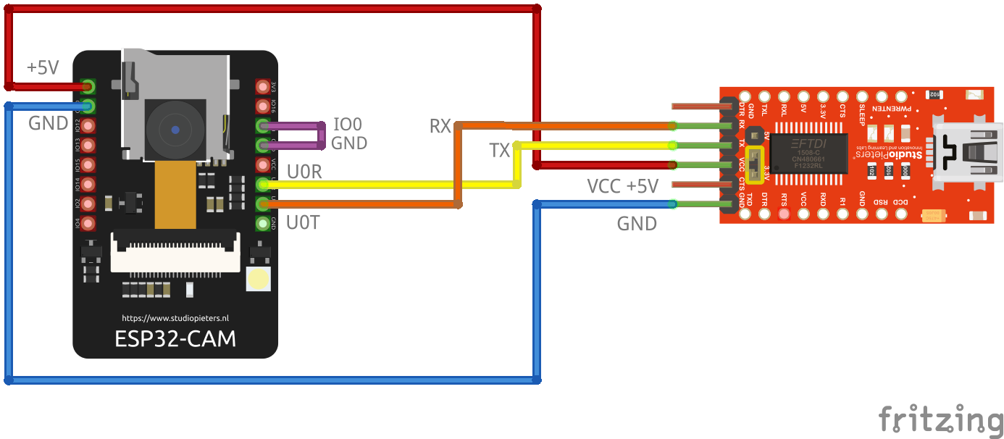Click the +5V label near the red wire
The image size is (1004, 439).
[43, 68]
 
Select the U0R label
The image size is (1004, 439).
[304, 172]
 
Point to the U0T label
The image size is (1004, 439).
[303, 222]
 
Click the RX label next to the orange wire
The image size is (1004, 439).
[440, 127]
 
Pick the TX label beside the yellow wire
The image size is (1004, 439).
[499, 151]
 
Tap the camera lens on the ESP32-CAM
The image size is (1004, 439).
[176, 130]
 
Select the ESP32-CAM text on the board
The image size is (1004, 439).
[175, 338]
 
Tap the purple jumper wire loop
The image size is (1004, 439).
[322, 135]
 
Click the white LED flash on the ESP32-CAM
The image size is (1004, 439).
[258, 279]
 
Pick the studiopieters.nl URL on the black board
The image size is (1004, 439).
[175, 318]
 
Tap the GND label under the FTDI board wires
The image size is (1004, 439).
[637, 224]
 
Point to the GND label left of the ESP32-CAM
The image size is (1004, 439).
[49, 123]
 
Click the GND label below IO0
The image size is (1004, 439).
[349, 143]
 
